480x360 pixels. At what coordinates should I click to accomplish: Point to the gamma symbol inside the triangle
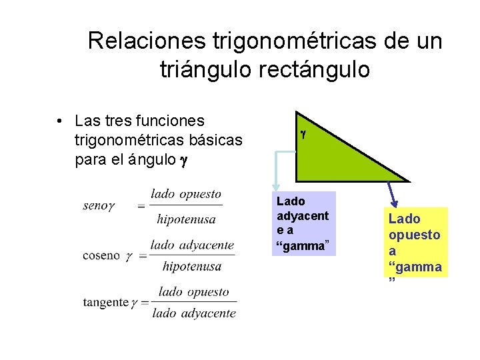pyautogui.click(x=303, y=134)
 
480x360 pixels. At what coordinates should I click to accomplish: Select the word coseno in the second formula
pyautogui.click(x=101, y=255)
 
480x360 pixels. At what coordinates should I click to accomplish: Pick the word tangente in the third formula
pyautogui.click(x=105, y=302)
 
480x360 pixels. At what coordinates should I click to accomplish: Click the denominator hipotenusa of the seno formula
pyautogui.click(x=186, y=218)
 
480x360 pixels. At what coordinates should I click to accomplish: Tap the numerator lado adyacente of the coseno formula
pyautogui.click(x=192, y=245)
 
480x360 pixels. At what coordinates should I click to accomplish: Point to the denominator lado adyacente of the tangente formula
pyautogui.click(x=194, y=313)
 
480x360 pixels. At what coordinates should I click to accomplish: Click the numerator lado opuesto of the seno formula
pyautogui.click(x=186, y=194)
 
